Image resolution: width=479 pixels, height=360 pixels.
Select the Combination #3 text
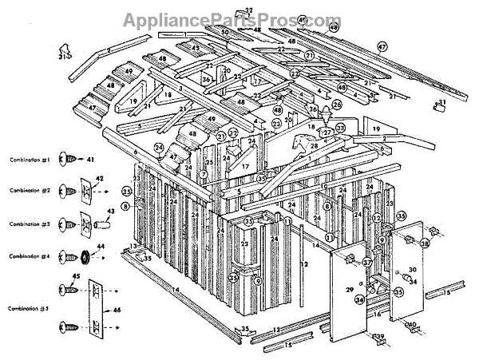tap(30, 226)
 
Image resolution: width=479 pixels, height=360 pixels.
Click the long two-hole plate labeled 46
tap(95, 307)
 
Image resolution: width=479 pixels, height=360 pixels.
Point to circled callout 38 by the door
tap(424, 243)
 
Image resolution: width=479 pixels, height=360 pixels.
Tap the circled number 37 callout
tap(367, 262)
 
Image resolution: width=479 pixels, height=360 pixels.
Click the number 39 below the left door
tap(380, 336)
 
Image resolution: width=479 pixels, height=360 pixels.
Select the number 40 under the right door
tap(414, 325)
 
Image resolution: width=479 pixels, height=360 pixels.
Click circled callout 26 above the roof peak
tap(336, 105)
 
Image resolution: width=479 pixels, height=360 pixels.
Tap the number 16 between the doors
tap(378, 314)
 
